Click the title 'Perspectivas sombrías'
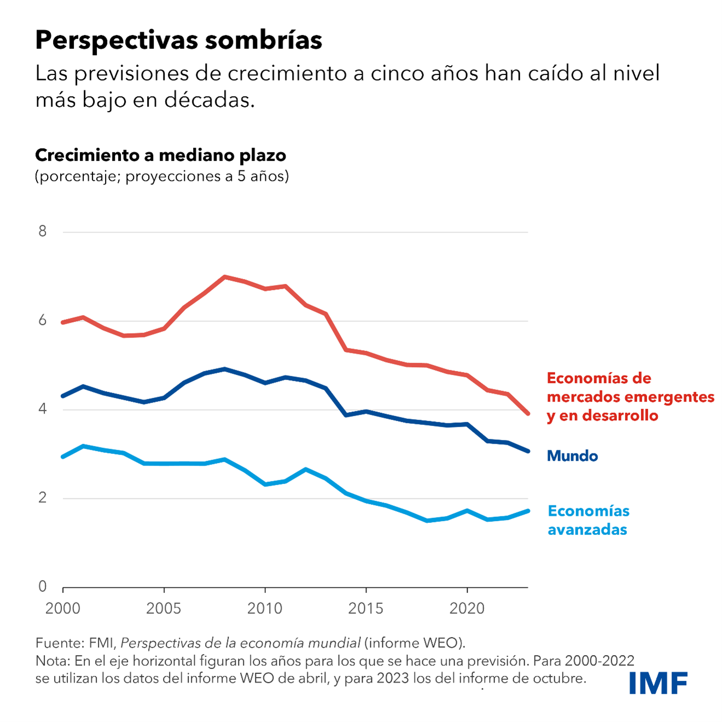coord(178,40)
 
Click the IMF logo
coord(657,683)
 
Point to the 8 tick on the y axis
coord(43,231)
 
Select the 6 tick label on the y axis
coord(43,321)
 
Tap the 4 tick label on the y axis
coord(43,409)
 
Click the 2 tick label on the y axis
coord(43,498)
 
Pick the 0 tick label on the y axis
coord(43,586)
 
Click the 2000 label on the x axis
coord(63,608)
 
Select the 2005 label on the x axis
coord(164,608)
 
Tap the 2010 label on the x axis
coord(265,608)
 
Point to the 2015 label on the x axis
coord(366,608)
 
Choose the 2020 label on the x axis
coord(467,608)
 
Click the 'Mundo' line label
coord(572,456)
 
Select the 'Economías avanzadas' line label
coord(589,520)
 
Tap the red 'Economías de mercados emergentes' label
coord(630,397)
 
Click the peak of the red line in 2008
coord(225,277)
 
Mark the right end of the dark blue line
coord(527,451)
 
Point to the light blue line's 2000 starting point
coord(63,457)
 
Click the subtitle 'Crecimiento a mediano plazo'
coord(160,155)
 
